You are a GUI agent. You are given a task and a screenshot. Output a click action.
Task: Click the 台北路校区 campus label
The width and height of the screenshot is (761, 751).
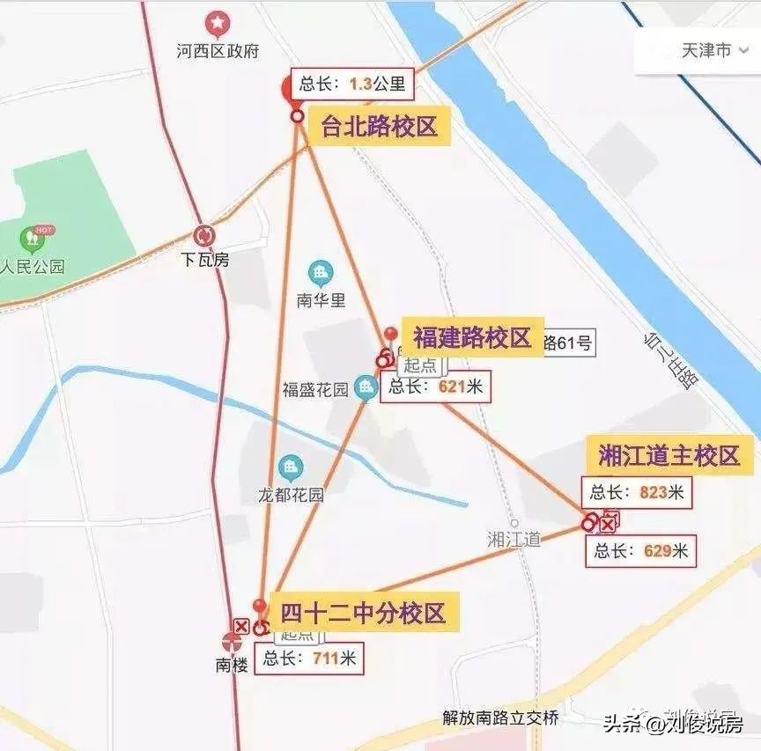coord(379,126)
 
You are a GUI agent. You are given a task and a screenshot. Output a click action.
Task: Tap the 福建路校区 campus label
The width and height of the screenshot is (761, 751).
coord(472,337)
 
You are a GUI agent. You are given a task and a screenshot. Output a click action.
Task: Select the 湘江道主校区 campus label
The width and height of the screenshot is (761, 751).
coord(668,456)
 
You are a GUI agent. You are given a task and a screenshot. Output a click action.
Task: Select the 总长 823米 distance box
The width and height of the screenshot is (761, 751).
coord(637,492)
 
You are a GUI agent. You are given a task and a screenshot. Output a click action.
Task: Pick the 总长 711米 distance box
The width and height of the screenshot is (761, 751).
coord(309,658)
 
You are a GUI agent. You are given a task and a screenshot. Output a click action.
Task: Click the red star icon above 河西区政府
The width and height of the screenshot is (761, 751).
coord(216,24)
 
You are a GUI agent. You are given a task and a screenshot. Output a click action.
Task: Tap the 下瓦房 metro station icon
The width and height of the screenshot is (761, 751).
coord(204,236)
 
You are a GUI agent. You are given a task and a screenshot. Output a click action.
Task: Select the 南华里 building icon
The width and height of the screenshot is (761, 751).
coord(321,272)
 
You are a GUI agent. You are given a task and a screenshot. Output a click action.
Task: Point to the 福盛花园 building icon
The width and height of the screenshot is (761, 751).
coord(366,387)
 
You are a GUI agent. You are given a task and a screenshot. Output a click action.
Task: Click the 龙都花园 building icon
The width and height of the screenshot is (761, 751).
coord(290,468)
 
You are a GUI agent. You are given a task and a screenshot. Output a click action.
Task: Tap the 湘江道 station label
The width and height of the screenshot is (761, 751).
coord(513,539)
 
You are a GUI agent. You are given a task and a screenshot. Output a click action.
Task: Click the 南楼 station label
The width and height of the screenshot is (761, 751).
coord(232,665)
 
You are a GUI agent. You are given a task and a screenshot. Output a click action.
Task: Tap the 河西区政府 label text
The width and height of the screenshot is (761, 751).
coord(218,51)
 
